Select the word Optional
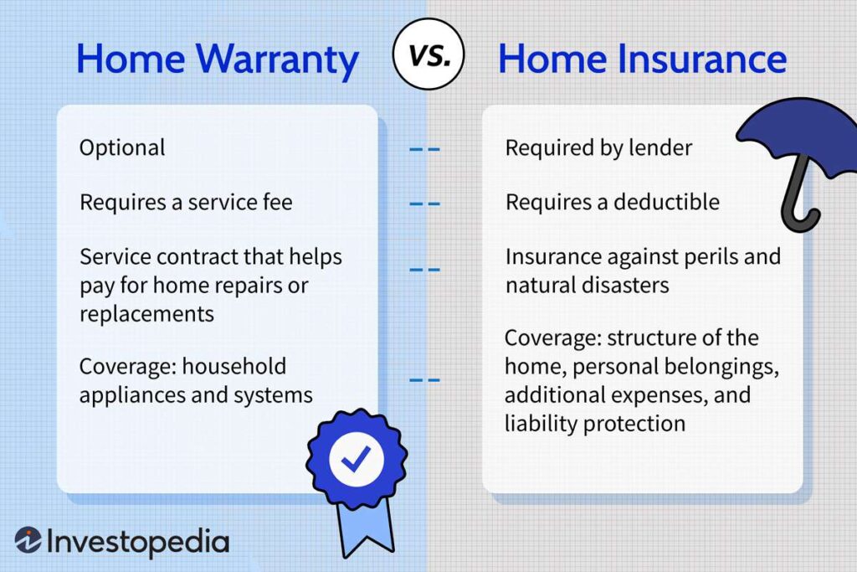tap(122, 148)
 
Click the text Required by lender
tap(598, 148)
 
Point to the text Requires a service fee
tap(186, 202)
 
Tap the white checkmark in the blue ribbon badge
tap(356, 458)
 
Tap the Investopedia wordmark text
tap(138, 542)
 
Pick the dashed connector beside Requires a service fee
tap(424, 203)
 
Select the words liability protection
tap(595, 423)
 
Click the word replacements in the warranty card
tap(146, 313)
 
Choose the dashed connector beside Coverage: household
tap(424, 380)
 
